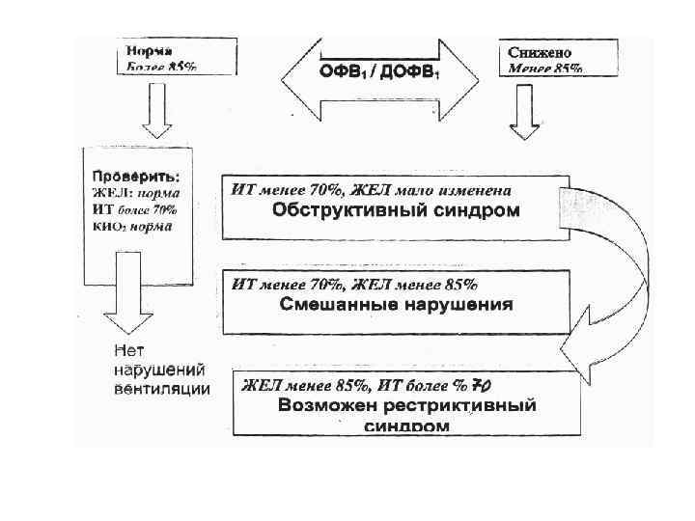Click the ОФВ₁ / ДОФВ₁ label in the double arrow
point(379,72)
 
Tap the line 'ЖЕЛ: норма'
point(131,194)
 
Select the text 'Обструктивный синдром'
point(396,210)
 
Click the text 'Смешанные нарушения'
point(396,304)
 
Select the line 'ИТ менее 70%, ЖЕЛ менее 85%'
point(354,284)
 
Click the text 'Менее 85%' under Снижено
point(545,69)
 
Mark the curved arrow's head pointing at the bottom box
point(579,347)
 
